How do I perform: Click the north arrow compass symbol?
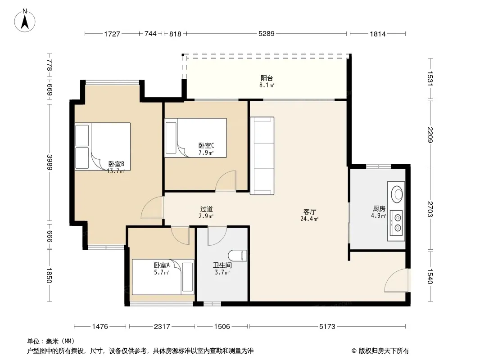pos(25,21)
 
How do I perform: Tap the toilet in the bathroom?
pos(238,256)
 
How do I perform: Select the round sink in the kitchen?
pos(398,194)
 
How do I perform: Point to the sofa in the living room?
pos(262,156)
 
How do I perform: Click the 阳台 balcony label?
pos(267,78)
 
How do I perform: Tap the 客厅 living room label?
pos(309,211)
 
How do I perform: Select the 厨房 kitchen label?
pos(379,209)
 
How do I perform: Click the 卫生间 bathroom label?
pos(222,265)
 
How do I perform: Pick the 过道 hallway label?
pos(206,209)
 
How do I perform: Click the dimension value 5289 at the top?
pos(266,34)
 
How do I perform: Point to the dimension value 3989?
pos(50,162)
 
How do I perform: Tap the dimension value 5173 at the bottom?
pos(327,326)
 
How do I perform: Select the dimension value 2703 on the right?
pos(430,209)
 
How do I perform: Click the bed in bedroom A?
pos(163,277)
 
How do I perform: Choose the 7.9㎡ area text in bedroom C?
pos(206,153)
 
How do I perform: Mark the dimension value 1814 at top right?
pos(378,34)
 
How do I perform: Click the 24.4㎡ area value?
pos(309,219)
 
